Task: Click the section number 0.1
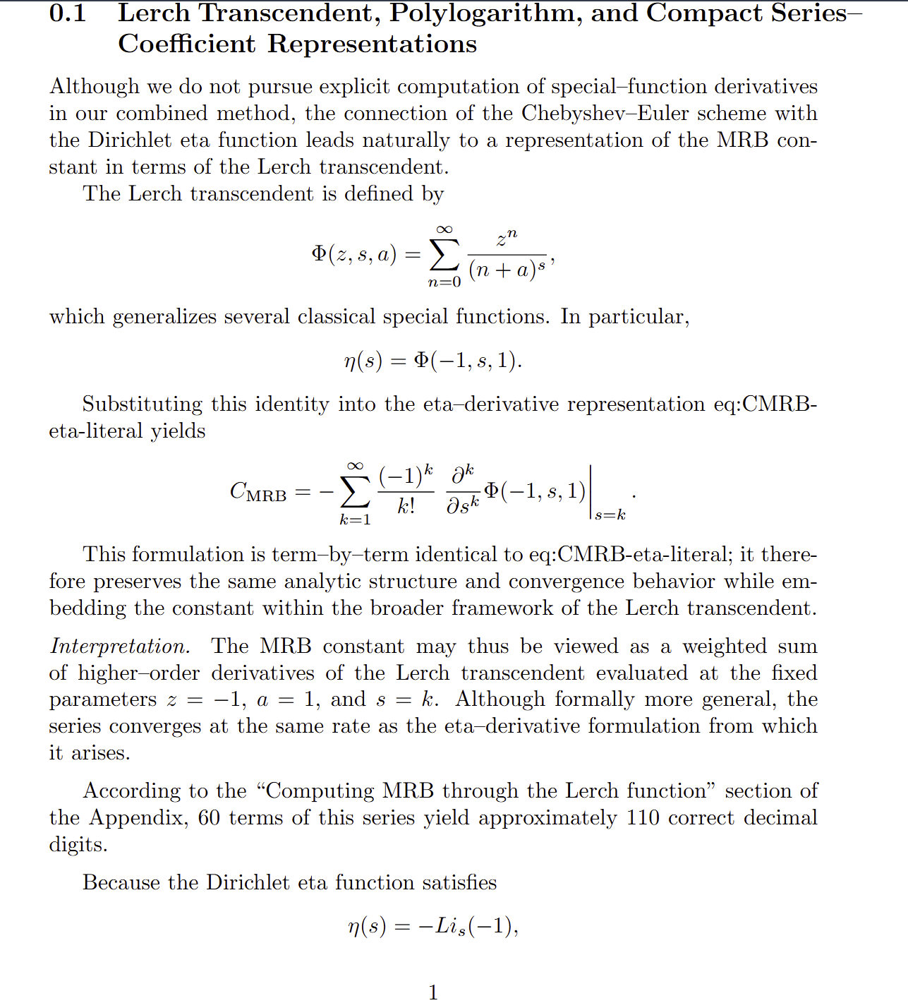pyautogui.click(x=68, y=13)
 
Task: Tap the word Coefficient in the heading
pyautogui.click(x=186, y=44)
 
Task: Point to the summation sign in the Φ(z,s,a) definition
pyautogui.click(x=444, y=256)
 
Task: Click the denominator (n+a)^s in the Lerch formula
pyautogui.click(x=507, y=269)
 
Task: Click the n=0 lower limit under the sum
pyautogui.click(x=444, y=282)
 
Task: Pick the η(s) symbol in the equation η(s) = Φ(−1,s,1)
pyautogui.click(x=363, y=361)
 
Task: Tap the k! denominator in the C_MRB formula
pyautogui.click(x=406, y=506)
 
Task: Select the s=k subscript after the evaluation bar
pyautogui.click(x=610, y=515)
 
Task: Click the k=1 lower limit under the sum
pyautogui.click(x=355, y=520)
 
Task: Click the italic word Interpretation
pyautogui.click(x=119, y=647)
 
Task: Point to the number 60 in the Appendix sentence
pyautogui.click(x=209, y=818)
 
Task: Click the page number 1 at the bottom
pyautogui.click(x=433, y=992)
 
